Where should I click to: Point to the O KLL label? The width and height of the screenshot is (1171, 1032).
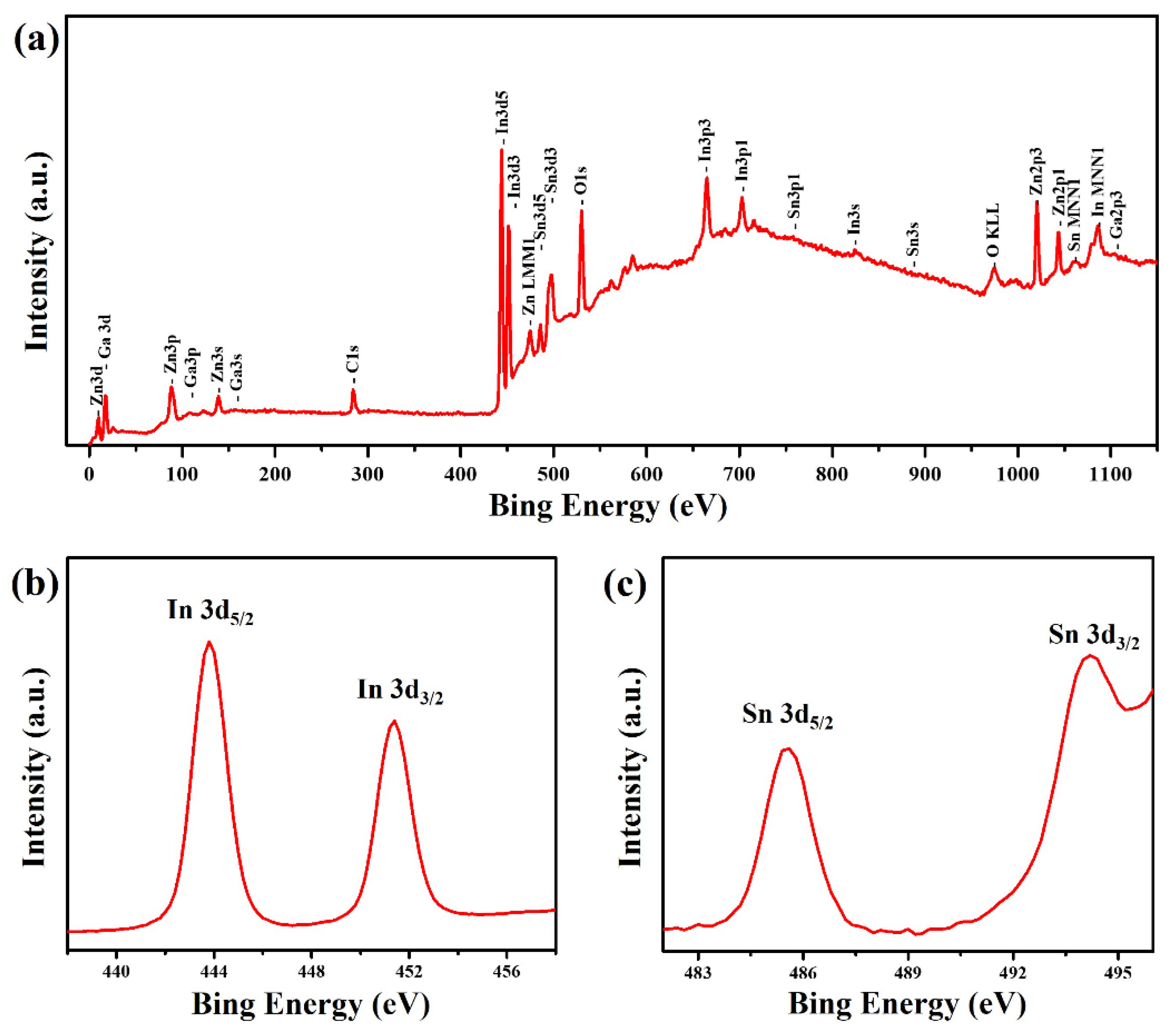coord(993,230)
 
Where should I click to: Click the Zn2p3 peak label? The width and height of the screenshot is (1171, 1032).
coord(1035,172)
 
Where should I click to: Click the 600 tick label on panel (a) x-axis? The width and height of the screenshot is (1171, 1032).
coord(646,475)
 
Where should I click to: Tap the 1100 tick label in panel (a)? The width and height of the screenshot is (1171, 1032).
coord(1110,475)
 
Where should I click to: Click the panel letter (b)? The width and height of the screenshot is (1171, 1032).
coord(35,586)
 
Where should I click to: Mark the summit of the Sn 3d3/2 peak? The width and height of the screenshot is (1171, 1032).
coord(1090,656)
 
